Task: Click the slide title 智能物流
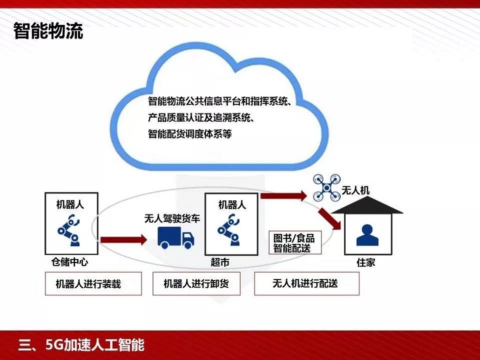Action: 48,31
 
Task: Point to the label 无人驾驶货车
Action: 172,219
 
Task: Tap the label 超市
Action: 220,262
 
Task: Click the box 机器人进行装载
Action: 88,284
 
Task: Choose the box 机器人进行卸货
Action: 196,284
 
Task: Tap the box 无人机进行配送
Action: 306,284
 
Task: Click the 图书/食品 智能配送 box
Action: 294,243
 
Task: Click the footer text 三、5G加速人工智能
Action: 81,345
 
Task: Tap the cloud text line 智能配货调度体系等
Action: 190,135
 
